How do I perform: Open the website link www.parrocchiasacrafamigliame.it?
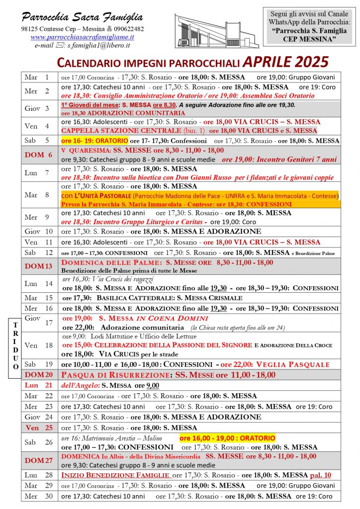82,37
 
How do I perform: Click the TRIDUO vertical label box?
16,344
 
